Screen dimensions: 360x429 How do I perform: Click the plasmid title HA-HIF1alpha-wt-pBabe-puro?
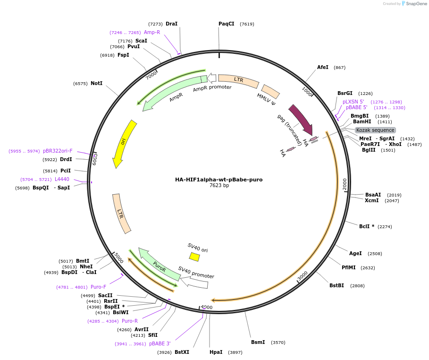219,180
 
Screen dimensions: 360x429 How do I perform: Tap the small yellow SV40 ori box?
194,257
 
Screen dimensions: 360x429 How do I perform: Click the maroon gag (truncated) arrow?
300,119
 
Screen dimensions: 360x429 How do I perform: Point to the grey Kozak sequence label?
375,130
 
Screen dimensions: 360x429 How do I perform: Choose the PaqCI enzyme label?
226,24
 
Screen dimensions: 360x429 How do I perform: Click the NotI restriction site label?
96,83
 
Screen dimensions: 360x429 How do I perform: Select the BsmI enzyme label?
258,342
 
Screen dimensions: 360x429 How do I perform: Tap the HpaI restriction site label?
216,352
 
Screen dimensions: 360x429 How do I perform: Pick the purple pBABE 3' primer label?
160,343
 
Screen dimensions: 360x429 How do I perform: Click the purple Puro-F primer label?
98,287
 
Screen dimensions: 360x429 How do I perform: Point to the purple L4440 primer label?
62,180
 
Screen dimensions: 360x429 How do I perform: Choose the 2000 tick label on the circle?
345,184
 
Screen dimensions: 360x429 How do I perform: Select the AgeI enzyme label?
355,253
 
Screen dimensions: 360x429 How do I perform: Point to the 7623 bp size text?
219,186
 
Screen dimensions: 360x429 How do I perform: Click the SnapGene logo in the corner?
413,3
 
